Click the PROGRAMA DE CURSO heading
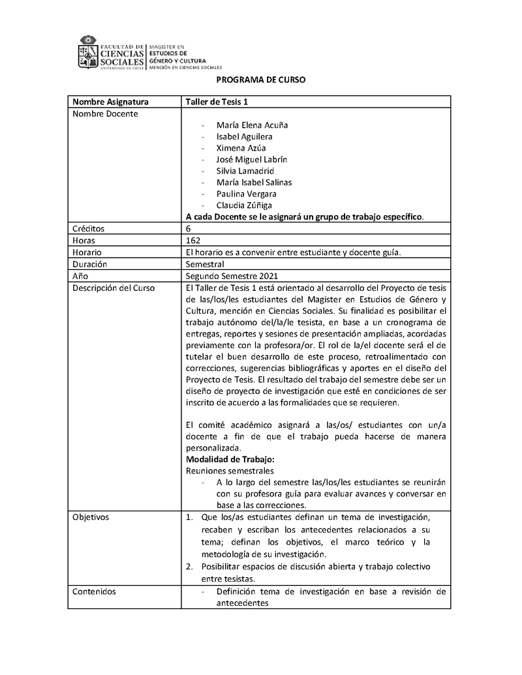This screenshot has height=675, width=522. click(x=261, y=80)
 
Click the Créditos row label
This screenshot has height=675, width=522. click(x=88, y=229)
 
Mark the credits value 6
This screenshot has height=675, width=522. click(x=189, y=229)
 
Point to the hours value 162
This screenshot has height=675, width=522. click(x=193, y=241)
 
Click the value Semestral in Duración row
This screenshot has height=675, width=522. click(x=205, y=264)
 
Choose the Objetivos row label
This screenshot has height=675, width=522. click(x=91, y=517)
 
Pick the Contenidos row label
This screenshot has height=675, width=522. click(x=94, y=592)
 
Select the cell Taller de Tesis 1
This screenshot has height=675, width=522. click(x=217, y=102)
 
